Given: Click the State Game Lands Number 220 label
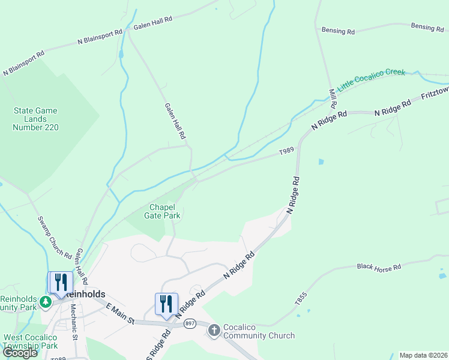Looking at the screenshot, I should tap(36, 119).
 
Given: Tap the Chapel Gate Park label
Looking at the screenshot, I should tap(162, 211).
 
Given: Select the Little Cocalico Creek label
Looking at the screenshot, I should tap(372, 80).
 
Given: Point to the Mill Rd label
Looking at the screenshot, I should tap(333, 98).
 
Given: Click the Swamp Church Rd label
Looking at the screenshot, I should tap(55, 238).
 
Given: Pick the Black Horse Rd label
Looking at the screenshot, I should tap(379, 266).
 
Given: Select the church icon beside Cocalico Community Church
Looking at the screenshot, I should tap(214, 330).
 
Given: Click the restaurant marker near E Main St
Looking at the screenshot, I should tap(166, 303).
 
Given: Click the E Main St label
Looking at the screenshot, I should tap(119, 314).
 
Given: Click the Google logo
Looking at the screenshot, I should tap(20, 353).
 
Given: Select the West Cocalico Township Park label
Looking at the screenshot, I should tap(30, 341).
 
